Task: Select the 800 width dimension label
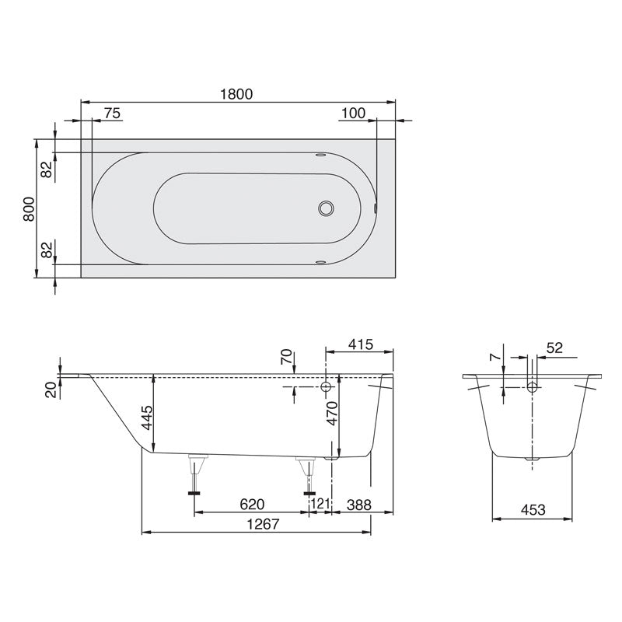coord(28,209)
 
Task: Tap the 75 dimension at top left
coord(111,114)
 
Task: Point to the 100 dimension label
coord(352,114)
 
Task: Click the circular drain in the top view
coord(327,208)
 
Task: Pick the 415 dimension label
coord(362,344)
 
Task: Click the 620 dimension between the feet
coord(250,505)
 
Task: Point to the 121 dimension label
coord(320,505)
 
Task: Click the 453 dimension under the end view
coord(532,510)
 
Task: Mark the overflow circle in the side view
coord(327,386)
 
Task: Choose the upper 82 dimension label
coord(46,169)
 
